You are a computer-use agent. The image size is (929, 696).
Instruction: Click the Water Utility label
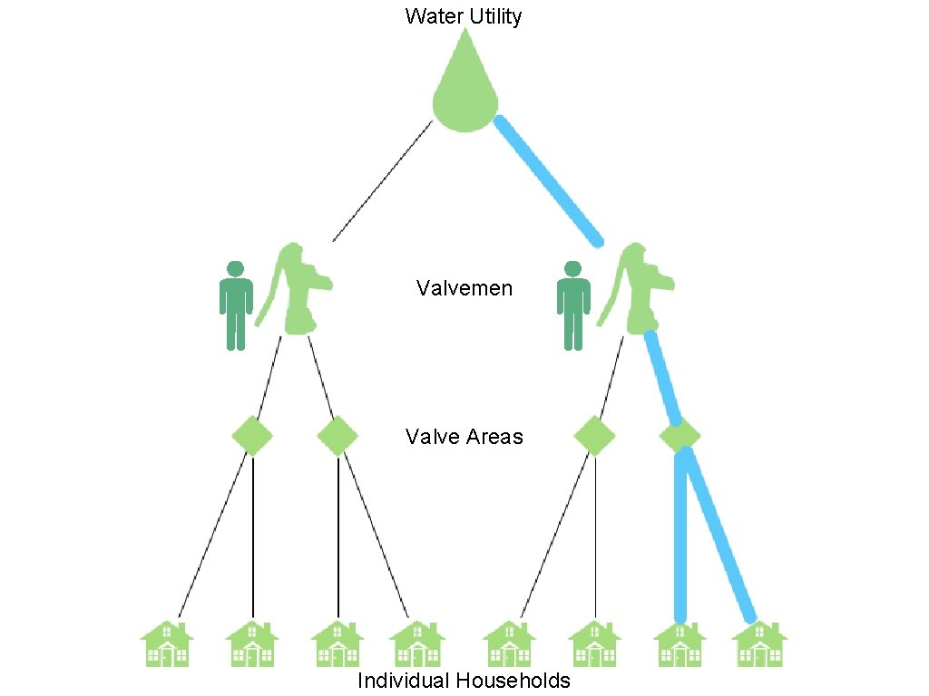[464, 16]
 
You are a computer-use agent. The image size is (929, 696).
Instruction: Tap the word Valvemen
[464, 289]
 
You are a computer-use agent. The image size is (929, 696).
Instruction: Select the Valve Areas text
[464, 437]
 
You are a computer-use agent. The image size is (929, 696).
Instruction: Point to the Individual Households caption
[464, 681]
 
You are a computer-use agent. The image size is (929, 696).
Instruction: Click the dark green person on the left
[236, 305]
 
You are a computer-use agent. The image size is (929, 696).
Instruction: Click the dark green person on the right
[572, 305]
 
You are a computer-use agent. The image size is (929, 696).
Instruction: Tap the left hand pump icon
[294, 290]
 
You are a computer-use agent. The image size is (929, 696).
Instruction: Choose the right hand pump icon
[639, 290]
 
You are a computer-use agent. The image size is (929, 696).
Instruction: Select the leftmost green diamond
[252, 436]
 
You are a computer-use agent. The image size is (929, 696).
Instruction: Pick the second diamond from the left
[338, 436]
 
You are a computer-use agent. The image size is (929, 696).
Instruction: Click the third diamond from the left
[595, 436]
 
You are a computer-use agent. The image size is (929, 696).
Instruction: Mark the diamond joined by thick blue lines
[680, 436]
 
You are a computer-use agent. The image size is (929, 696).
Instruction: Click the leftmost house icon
[167, 644]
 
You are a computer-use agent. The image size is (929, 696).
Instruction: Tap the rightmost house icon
[759, 644]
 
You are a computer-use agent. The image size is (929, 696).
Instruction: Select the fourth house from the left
[416, 644]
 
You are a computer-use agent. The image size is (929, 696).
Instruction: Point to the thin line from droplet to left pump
[382, 181]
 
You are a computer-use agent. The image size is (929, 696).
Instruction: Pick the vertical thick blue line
[680, 535]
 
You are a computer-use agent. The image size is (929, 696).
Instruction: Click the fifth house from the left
[510, 644]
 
